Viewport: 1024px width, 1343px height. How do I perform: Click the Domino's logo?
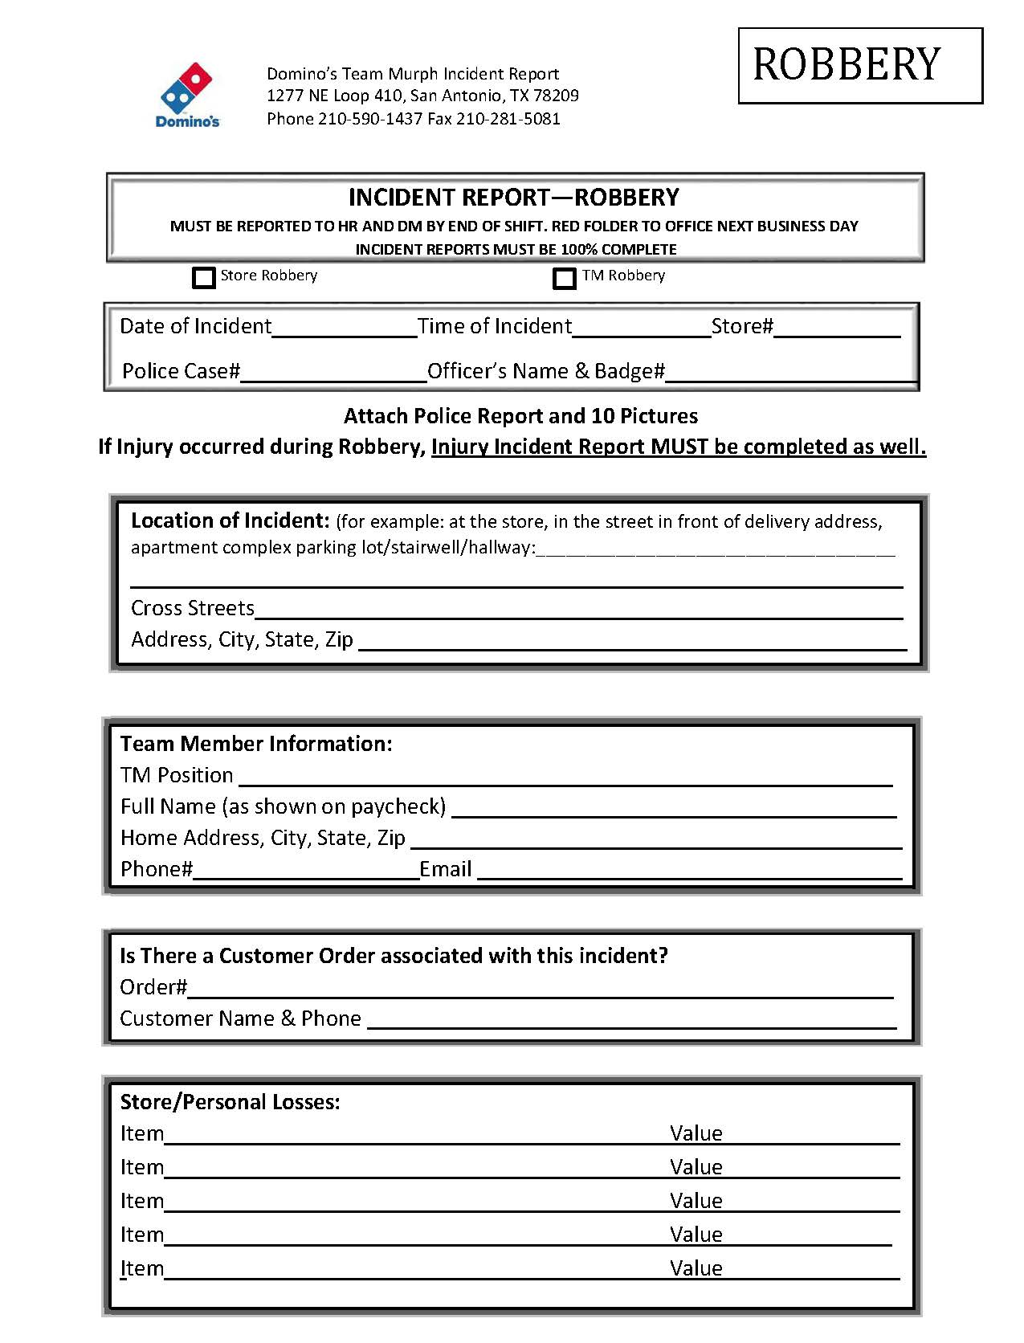(187, 95)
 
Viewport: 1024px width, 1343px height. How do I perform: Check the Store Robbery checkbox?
(204, 277)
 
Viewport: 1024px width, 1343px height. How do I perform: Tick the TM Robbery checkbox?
(565, 278)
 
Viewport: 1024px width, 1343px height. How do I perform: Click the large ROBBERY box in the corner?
(860, 66)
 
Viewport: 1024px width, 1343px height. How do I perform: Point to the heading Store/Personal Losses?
(230, 1101)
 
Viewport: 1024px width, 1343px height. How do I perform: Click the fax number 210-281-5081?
(508, 119)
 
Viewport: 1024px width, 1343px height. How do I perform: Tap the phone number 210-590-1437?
(370, 119)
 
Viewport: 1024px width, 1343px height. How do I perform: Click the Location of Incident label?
(230, 520)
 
